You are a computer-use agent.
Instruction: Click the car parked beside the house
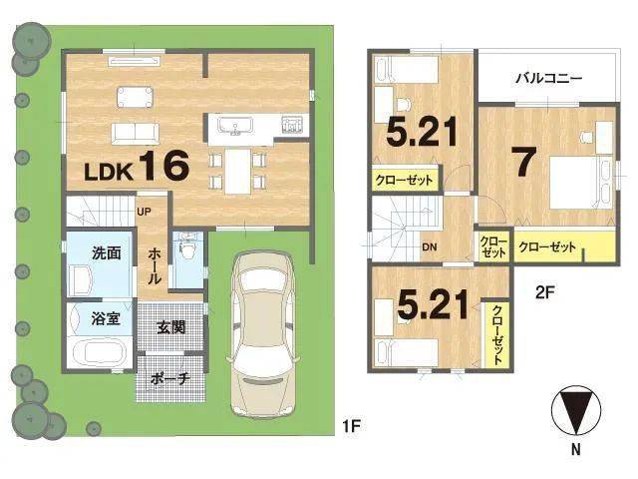pos(264,334)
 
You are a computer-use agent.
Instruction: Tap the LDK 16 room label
pos(137,166)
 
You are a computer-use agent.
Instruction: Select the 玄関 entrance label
pos(171,326)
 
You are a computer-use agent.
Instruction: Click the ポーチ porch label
pos(170,379)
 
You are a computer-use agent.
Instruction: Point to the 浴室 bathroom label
pos(106,318)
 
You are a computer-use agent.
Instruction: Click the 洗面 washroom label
pos(107,252)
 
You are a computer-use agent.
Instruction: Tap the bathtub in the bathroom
pos(100,352)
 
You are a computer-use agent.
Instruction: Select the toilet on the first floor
pos(187,247)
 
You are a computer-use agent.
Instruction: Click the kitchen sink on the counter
pos(235,125)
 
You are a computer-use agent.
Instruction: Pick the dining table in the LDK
pos(237,171)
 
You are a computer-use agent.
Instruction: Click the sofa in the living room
pos(136,134)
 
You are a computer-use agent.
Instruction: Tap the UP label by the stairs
pos(144,212)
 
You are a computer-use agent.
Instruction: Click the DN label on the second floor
pos(430,246)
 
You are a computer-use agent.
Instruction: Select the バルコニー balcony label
pos(549,78)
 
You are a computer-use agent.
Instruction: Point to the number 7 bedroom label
pos(525,162)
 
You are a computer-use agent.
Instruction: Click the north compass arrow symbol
pos(576,410)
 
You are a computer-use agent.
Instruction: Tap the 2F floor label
pos(545,292)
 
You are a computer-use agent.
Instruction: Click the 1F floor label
pos(352,426)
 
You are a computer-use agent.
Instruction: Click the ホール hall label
pos(155,266)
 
